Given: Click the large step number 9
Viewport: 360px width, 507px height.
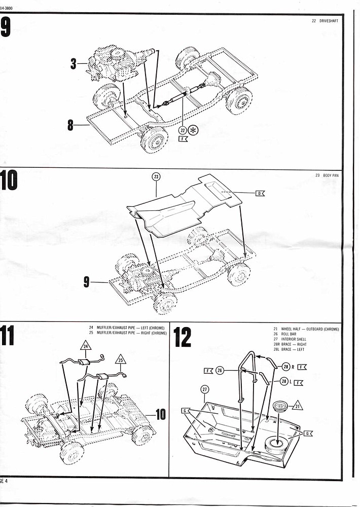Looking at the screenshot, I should pyautogui.click(x=6, y=27).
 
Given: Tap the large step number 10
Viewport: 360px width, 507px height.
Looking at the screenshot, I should pyautogui.click(x=10, y=181).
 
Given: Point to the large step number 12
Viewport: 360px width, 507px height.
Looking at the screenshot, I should pyautogui.click(x=182, y=338).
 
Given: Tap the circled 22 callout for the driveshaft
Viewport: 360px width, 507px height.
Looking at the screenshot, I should pyautogui.click(x=183, y=130).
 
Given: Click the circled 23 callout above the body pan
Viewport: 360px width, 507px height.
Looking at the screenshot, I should pyautogui.click(x=156, y=176).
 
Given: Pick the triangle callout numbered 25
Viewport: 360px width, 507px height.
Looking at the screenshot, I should pyautogui.click(x=121, y=360).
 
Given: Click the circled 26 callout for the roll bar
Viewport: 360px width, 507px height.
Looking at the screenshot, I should pyautogui.click(x=219, y=371).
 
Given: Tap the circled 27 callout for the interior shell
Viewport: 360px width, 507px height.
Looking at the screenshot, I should pyautogui.click(x=205, y=389).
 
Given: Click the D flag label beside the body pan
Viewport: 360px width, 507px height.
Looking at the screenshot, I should pyautogui.click(x=260, y=193).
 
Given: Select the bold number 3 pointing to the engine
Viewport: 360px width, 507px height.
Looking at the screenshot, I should pyautogui.click(x=73, y=64).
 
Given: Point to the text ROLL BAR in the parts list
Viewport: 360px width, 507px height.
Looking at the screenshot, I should pyautogui.click(x=291, y=334).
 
